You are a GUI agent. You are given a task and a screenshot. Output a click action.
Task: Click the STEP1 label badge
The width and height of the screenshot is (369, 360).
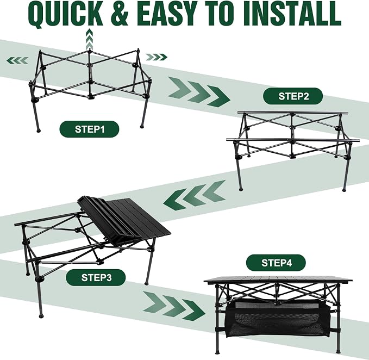pos(89,129)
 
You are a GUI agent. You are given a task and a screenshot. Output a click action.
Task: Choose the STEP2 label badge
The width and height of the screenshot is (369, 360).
pos(293,96)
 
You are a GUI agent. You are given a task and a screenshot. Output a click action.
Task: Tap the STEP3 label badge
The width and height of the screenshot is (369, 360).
pos(96,277)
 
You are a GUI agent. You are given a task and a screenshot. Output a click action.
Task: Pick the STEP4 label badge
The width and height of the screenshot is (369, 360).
pos(276,263)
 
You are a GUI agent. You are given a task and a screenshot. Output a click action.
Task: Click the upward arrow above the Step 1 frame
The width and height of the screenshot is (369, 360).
pos(89,39)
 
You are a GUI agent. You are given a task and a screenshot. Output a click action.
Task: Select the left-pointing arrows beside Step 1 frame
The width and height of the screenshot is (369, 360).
pos(17,60)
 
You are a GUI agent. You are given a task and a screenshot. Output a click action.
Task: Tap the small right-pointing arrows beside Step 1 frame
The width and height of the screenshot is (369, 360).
pos(157,57)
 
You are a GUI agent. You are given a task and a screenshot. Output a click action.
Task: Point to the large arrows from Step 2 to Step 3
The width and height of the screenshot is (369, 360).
pos(195,195)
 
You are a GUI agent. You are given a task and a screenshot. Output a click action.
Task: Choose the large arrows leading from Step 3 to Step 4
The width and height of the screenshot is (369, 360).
pos(174,306)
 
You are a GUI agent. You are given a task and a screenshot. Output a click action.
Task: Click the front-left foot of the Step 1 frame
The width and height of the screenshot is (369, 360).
pos(39,130)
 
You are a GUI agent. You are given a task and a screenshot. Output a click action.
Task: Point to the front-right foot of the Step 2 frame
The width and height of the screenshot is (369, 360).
pos(345,189)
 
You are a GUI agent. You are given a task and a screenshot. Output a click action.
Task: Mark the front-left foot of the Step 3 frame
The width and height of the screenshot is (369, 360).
pos(41,315)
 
